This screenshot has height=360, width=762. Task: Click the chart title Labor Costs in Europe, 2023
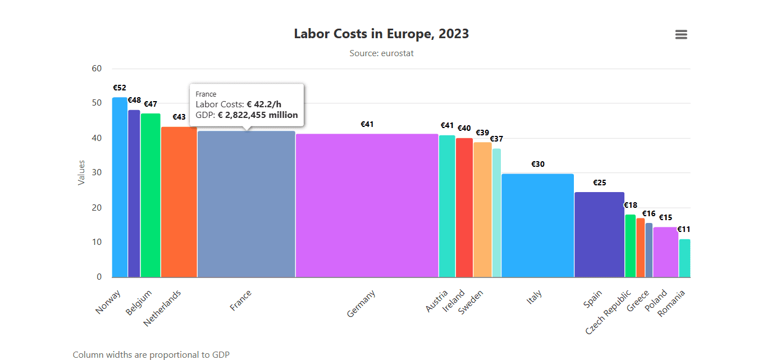pos(381,34)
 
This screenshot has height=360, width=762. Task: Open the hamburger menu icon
pos(681,35)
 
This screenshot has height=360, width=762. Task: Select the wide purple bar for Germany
pos(367,206)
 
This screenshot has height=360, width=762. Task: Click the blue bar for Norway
pos(120,188)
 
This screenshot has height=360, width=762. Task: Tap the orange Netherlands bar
pos(179,202)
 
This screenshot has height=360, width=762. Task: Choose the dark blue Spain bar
pos(599,235)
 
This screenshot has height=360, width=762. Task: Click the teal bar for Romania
pos(685,258)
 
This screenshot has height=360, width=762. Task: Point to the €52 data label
pos(120,88)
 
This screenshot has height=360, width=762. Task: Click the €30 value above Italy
pos(538,164)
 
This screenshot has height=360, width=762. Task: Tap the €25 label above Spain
pos(600,183)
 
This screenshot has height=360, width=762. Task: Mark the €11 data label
pos(683,229)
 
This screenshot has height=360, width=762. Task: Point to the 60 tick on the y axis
pos(97,69)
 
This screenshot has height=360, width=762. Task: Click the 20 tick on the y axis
pos(97,208)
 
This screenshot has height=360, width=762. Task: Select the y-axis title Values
pos(81,172)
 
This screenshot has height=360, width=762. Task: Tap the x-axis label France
pos(241,300)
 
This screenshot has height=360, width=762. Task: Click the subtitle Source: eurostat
pos(381,53)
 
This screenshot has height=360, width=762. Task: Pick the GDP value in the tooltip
pos(258,115)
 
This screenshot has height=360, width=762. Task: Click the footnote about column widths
pos(151,354)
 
